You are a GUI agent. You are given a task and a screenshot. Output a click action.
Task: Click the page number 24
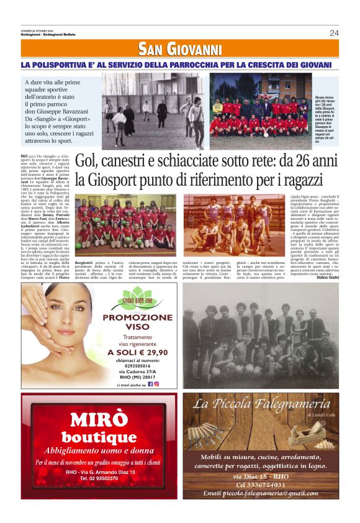click(334, 33)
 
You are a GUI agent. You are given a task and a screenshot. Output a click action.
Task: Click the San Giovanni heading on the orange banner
click(180, 49)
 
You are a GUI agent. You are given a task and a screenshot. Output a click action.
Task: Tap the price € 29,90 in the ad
click(148, 352)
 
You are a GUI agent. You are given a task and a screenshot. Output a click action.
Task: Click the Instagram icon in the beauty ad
click(157, 384)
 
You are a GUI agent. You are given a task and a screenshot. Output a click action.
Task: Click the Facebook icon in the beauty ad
click(150, 384)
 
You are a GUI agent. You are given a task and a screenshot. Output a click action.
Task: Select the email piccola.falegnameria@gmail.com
click(260, 493)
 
